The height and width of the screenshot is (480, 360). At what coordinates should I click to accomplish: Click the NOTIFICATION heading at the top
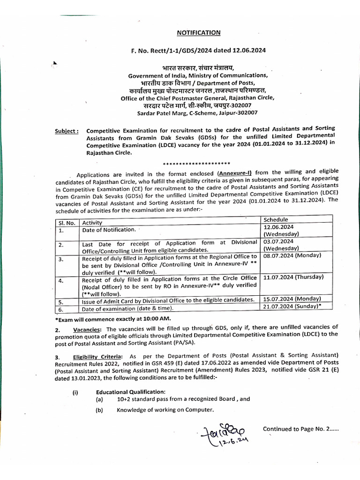tap(198, 33)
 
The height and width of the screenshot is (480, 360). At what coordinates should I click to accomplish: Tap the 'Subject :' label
tap(67, 131)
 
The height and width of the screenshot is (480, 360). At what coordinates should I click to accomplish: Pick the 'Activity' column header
tap(92, 223)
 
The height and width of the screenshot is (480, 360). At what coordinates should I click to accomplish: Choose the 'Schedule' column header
tap(276, 219)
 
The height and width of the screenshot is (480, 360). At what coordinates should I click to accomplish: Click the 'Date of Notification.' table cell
tap(109, 230)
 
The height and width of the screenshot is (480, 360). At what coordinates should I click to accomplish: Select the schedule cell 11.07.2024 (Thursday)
tap(293, 277)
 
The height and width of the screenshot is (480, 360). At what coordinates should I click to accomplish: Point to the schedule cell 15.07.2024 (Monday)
tap(292, 299)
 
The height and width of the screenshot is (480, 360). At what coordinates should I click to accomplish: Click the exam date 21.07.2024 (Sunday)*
tap(292, 306)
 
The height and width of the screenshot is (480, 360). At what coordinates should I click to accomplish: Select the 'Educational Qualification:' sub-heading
tap(130, 392)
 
